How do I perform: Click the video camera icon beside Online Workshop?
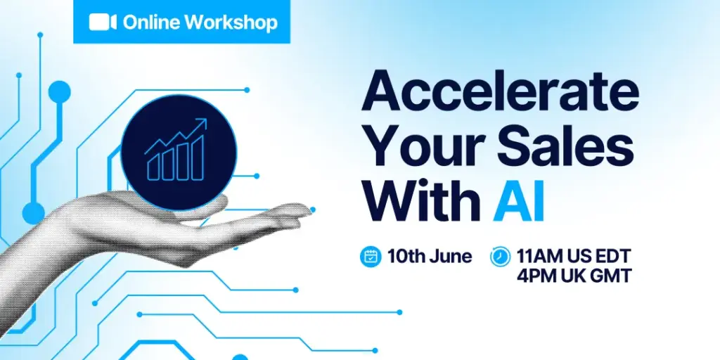pos(103,22)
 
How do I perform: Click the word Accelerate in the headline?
pos(500,91)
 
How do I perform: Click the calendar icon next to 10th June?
pos(371,256)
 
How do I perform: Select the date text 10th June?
pos(430,256)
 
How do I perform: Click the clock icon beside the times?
pos(500,256)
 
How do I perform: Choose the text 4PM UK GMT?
pos(574,276)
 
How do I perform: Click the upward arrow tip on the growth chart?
pos(206,120)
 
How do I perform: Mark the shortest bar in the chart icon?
pos(153,166)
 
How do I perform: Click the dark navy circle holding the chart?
pos(179,153)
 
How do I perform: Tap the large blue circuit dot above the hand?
pos(59,91)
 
